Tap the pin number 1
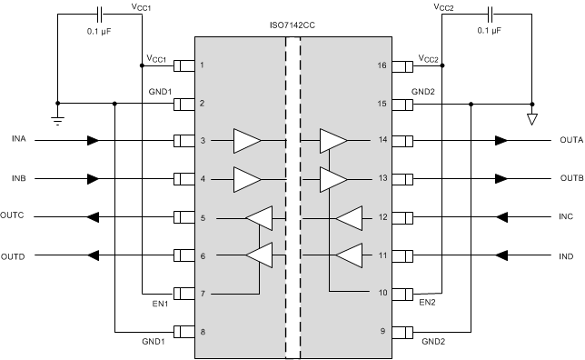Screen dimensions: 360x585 point(202,65)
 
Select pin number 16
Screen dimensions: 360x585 point(382,65)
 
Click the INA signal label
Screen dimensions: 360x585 point(19,138)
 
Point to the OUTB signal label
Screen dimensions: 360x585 point(572,177)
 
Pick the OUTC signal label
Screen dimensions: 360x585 point(14,216)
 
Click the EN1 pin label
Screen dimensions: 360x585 point(160,304)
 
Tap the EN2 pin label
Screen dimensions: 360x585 point(427,302)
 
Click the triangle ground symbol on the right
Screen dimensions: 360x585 point(532,118)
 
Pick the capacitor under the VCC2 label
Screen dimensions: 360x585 point(491,15)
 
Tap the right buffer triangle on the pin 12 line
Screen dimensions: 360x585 point(348,218)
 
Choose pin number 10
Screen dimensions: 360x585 point(382,293)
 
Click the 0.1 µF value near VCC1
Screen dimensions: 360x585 point(99,31)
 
